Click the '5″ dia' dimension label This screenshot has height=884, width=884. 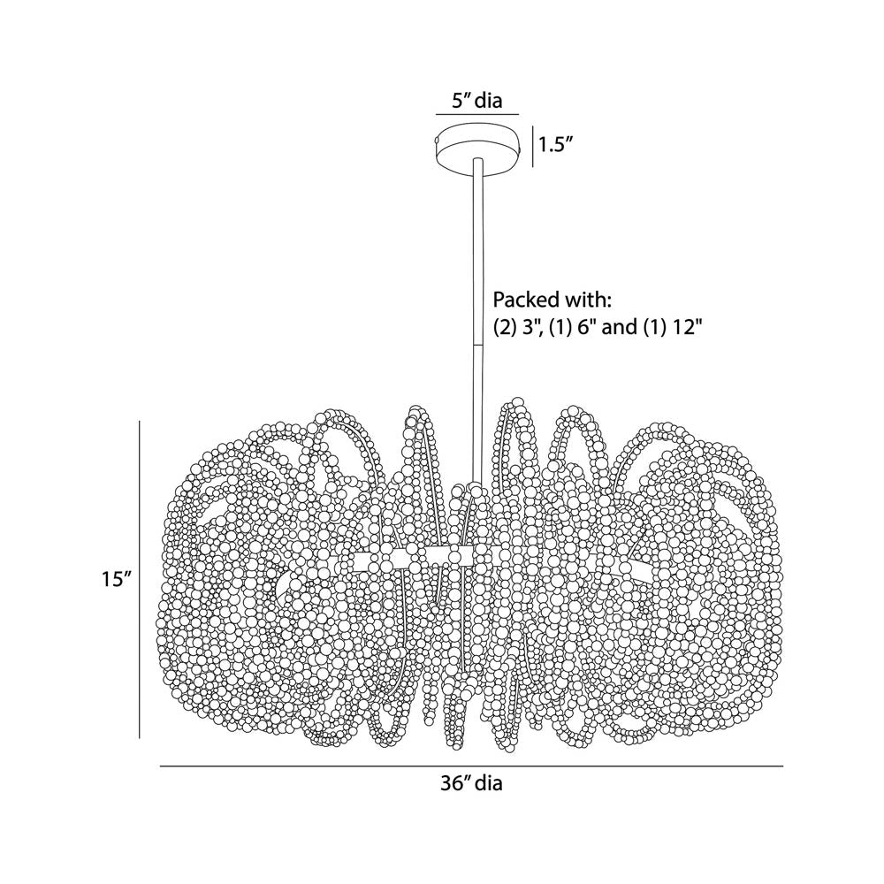477,101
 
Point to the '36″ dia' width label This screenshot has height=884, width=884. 471,783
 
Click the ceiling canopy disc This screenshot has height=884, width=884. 477,149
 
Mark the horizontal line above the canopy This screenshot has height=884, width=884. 477,114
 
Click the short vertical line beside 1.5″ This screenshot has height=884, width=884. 533,147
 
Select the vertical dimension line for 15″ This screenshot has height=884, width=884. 140,579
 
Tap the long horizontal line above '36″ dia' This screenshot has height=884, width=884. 471,766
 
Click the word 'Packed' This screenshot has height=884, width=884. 526,300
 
